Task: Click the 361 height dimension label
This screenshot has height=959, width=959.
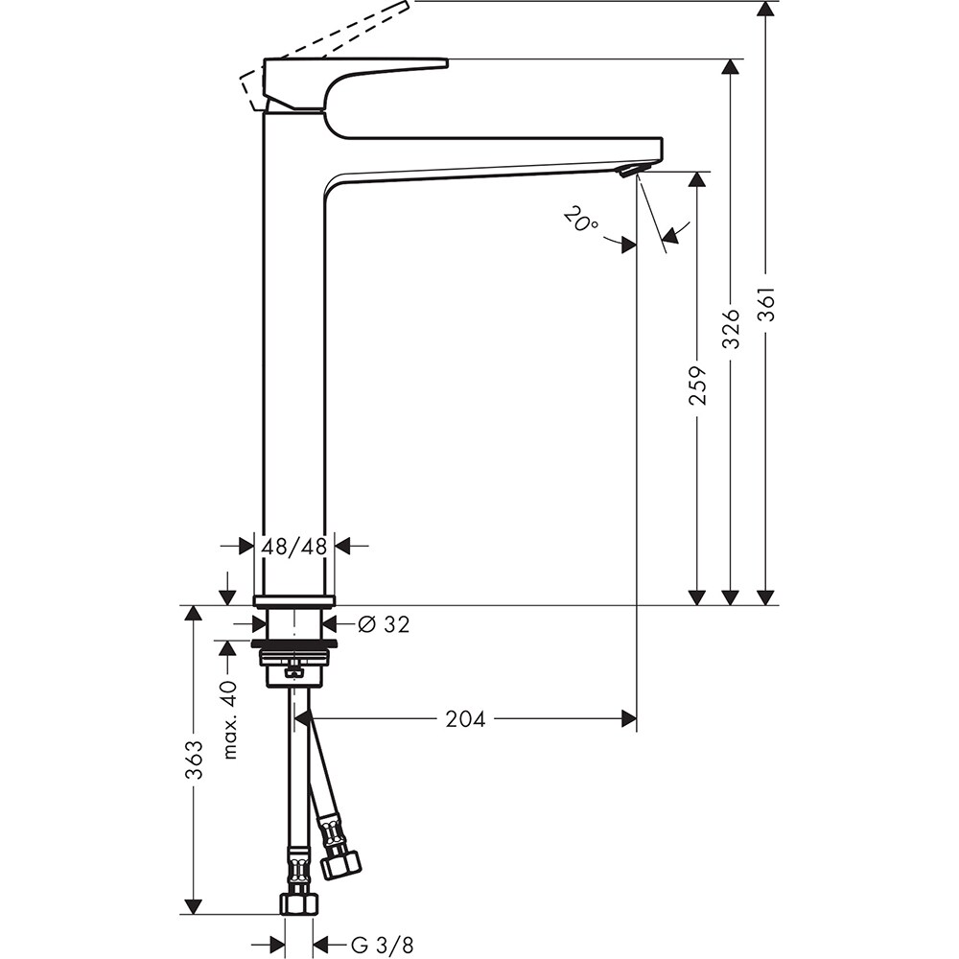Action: [x=765, y=306]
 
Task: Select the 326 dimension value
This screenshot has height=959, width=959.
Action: [x=731, y=328]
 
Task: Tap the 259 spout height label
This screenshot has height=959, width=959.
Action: [x=697, y=385]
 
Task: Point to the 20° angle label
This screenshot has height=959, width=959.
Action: [x=580, y=222]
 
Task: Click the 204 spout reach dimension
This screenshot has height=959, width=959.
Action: [x=465, y=718]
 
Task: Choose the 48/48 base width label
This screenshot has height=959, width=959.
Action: [x=294, y=547]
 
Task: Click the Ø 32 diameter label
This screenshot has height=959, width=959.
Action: [x=383, y=624]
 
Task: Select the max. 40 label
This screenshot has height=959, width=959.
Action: [x=228, y=720]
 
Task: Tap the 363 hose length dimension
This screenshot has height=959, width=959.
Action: [x=194, y=760]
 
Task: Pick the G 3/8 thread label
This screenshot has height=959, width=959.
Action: [x=382, y=946]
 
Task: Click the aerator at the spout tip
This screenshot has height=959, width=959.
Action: [x=630, y=170]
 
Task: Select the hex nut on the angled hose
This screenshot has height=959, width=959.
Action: [x=339, y=862]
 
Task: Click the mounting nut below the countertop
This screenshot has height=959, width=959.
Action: [x=294, y=657]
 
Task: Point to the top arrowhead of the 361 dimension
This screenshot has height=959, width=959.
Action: [x=765, y=9]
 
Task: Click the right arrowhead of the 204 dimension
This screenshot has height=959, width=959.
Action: [x=629, y=718]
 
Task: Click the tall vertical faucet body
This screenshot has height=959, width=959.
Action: [x=294, y=364]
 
